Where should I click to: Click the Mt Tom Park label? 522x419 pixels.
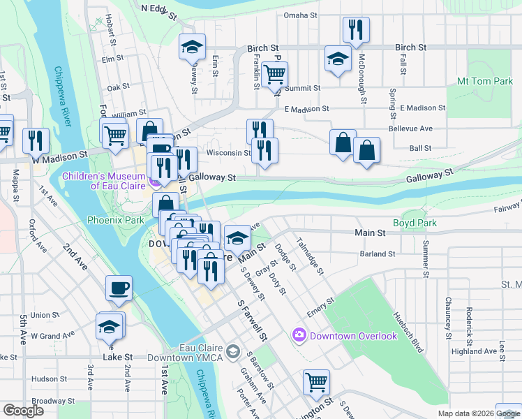click(484, 82)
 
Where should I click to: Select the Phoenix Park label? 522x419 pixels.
click(116, 220)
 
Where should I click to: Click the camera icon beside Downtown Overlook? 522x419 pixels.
click(299, 336)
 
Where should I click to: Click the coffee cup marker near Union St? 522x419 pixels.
click(118, 288)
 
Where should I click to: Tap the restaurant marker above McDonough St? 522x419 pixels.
click(356, 29)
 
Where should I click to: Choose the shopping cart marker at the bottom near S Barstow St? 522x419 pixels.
click(316, 382)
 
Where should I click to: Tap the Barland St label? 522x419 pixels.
click(378, 254)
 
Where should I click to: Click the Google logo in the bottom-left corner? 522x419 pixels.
click(23, 411)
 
